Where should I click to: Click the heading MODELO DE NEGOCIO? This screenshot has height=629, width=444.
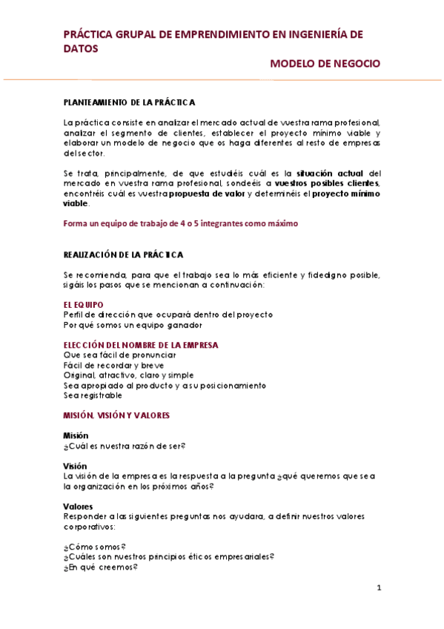325,64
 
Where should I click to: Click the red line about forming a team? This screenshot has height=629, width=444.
181,223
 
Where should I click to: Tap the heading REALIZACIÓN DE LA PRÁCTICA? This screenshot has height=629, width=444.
124,254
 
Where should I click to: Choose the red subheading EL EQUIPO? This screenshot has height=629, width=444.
84,305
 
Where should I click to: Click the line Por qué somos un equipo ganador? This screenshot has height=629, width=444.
133,324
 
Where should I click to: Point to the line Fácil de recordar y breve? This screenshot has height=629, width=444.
114,365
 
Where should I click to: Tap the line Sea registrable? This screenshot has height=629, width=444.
93,395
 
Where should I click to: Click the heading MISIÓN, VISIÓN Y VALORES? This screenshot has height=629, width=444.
117,415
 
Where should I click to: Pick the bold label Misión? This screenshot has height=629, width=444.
76,435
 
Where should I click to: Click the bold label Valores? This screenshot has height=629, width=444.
78,507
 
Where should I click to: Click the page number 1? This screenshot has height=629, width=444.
378,588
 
